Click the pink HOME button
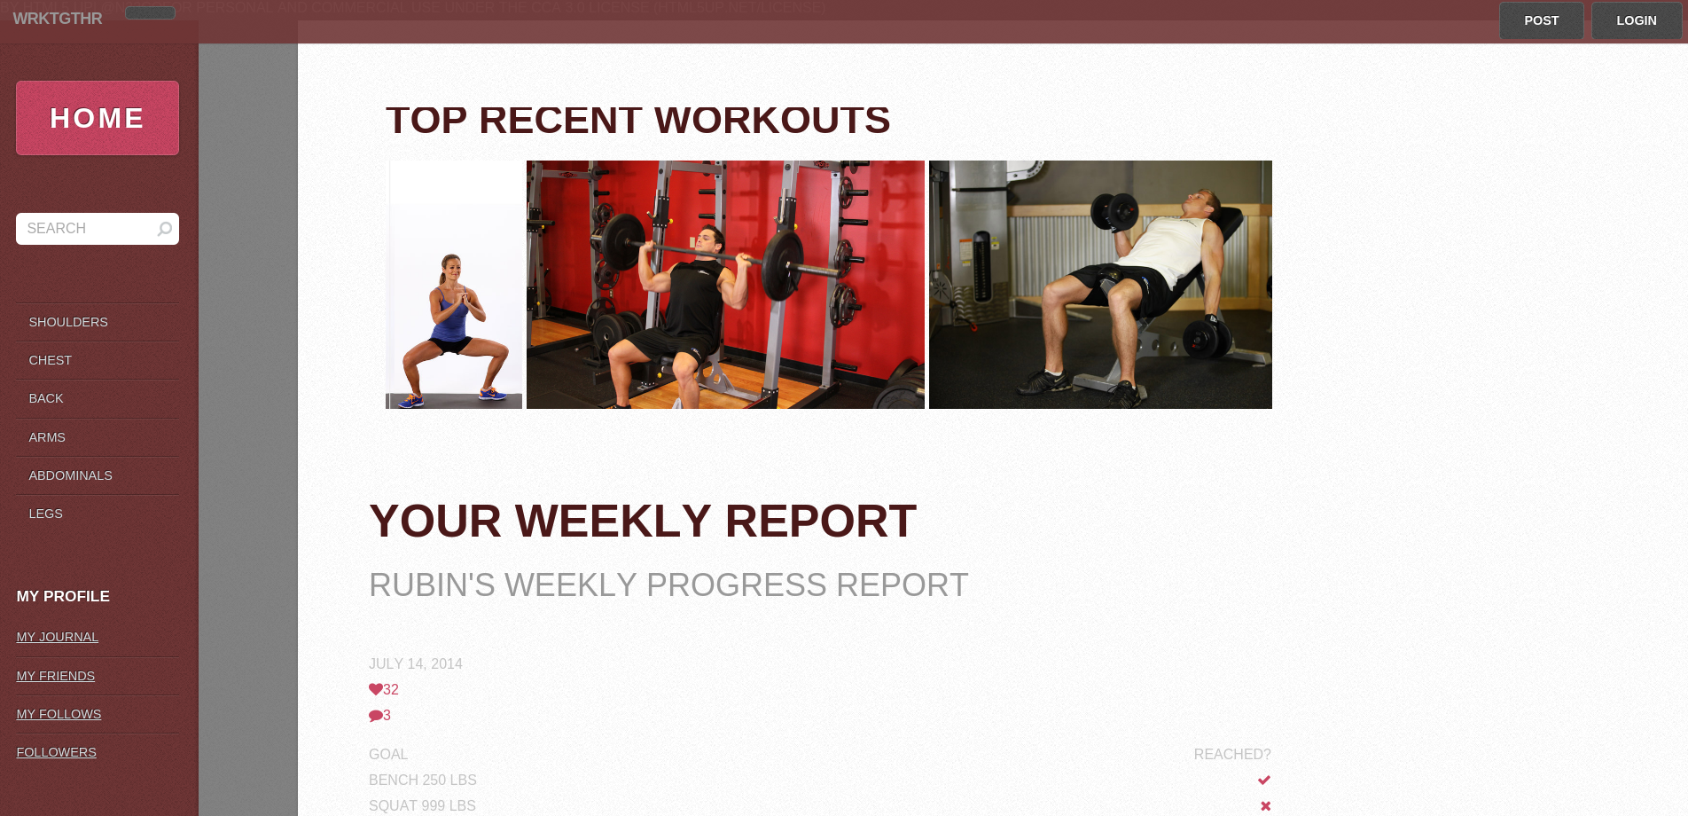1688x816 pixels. (98, 118)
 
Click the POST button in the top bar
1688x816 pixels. (1541, 20)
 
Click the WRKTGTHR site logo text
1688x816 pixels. (58, 19)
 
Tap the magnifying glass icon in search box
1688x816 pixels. (164, 229)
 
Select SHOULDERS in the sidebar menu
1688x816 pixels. (68, 322)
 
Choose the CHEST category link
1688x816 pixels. (50, 360)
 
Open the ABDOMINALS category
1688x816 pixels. (70, 475)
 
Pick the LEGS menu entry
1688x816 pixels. (45, 514)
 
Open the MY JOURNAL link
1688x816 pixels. (58, 637)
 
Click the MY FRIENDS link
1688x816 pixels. (56, 676)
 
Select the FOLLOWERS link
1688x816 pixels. (57, 752)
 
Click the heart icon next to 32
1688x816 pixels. (376, 689)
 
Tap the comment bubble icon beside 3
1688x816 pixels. (376, 716)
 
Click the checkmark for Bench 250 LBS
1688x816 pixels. (1264, 780)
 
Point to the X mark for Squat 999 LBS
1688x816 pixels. (1266, 805)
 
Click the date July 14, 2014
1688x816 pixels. (416, 663)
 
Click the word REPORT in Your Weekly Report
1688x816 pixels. (821, 522)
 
